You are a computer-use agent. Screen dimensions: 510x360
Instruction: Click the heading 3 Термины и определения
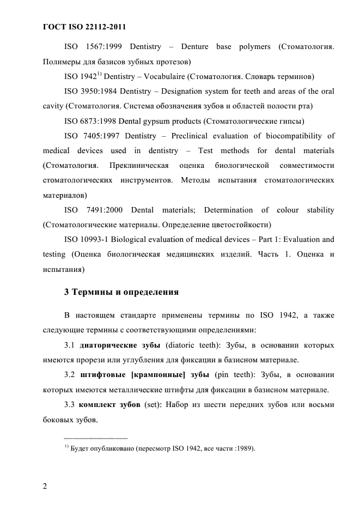click(x=121, y=292)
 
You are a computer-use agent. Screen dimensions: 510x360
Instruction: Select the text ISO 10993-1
click(x=83, y=239)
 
